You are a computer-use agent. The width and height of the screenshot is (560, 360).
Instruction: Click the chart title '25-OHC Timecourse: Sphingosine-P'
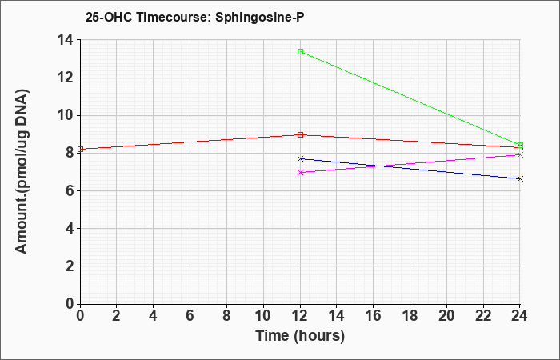click(195, 18)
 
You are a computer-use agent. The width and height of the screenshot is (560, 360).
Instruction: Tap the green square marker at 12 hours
click(300, 52)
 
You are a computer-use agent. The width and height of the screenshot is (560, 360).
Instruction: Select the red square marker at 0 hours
click(80, 150)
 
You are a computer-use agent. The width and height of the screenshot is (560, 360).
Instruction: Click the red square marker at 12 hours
click(300, 134)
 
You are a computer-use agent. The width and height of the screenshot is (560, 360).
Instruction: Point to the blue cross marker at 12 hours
click(300, 158)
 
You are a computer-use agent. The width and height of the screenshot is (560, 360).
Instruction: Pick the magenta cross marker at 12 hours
click(300, 172)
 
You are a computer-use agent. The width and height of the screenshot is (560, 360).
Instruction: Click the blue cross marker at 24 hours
click(520, 179)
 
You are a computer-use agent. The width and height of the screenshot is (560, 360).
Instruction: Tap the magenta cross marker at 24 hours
click(520, 154)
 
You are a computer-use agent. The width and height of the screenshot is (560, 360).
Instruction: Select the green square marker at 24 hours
click(520, 146)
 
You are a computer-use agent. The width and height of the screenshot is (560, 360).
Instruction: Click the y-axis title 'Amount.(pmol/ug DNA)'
click(22, 171)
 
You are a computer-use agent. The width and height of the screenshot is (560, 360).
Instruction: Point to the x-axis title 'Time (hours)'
click(300, 336)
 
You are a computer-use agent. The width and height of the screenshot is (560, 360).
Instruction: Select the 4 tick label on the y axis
click(70, 228)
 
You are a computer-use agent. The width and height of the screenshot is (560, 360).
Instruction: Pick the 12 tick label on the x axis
click(300, 316)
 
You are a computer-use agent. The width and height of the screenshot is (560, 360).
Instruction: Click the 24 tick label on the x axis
click(520, 316)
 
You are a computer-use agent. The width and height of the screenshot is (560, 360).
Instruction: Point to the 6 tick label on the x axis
click(190, 316)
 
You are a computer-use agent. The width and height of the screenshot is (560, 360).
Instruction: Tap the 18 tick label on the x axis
click(410, 316)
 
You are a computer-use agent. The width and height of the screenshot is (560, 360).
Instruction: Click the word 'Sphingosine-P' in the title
click(260, 18)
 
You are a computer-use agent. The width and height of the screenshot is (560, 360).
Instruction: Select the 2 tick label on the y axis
click(70, 266)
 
